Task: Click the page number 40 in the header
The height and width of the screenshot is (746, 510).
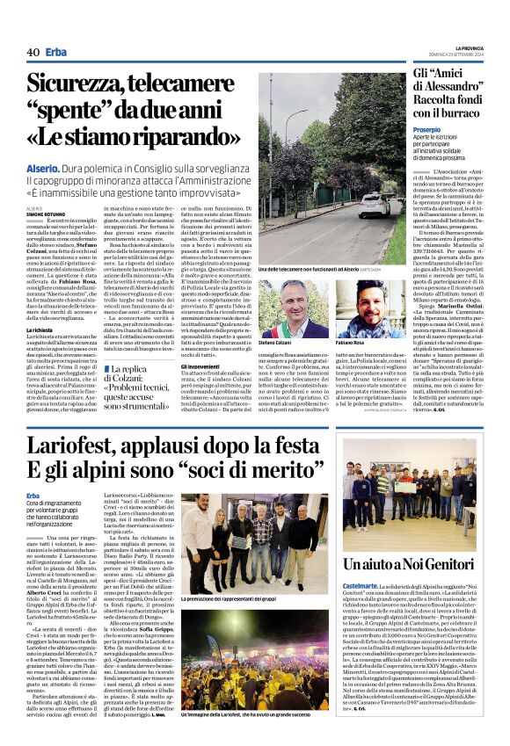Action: pyautogui.click(x=33, y=53)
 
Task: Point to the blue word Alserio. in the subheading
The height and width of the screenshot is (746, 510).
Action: pyautogui.click(x=43, y=167)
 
